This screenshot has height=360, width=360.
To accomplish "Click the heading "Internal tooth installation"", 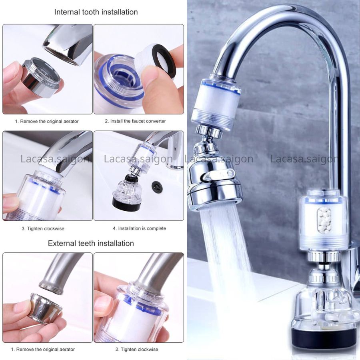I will [96, 12].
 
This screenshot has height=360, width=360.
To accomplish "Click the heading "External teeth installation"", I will [91, 243].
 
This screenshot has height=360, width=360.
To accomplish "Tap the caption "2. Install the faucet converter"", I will [135, 121].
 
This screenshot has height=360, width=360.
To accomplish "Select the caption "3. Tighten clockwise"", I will [43, 228].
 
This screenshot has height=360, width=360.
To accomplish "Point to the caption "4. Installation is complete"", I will [139, 228].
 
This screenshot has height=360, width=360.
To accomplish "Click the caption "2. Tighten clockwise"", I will [136, 349].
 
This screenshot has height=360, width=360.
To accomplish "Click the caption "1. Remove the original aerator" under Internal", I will [47, 121].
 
